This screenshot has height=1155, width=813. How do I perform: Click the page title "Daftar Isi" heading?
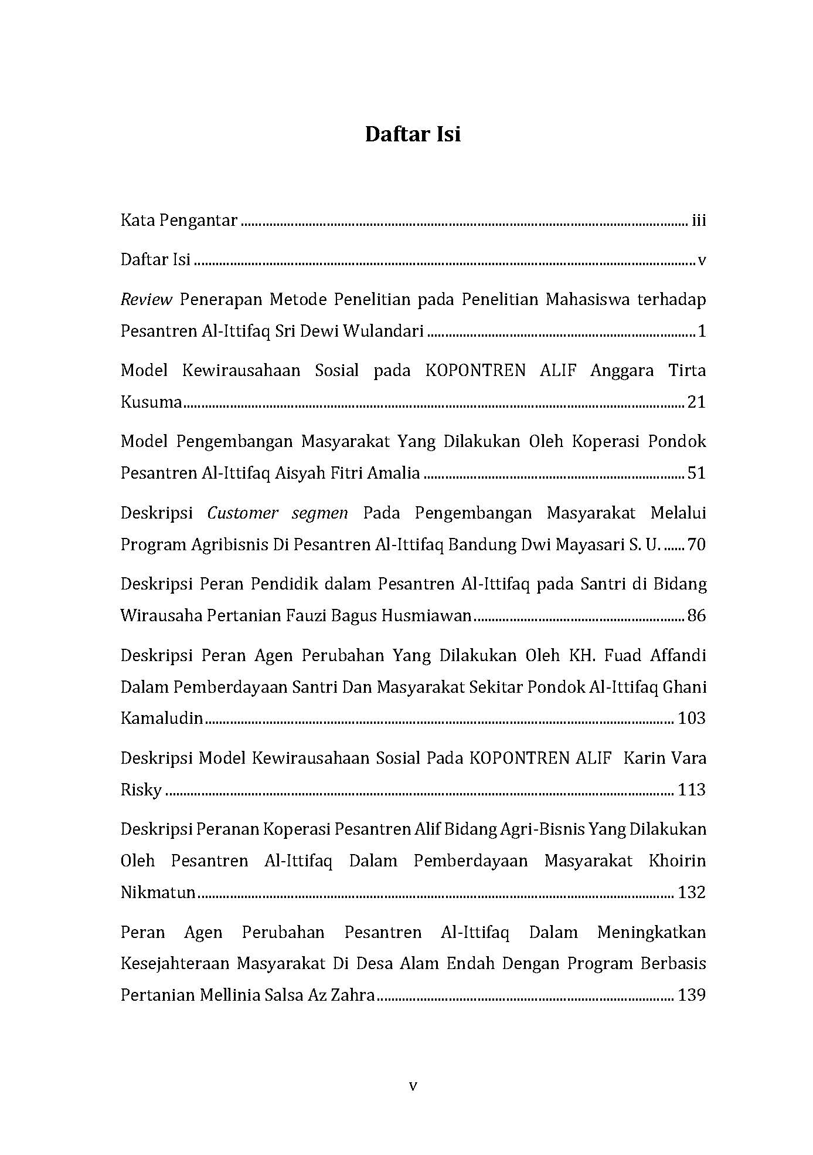point(413,134)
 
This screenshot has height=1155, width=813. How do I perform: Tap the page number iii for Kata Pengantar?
point(698,221)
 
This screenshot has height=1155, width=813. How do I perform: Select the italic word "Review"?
point(146,300)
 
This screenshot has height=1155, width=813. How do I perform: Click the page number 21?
point(696,402)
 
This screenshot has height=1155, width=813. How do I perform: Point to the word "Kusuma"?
point(151,402)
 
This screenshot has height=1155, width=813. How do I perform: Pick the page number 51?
point(696,473)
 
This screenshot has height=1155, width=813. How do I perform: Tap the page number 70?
point(696,545)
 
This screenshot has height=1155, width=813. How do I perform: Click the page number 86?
point(696,616)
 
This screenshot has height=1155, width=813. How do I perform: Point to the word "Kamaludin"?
point(162,718)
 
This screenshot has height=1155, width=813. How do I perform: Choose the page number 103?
point(692,718)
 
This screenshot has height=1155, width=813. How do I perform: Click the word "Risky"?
point(141,790)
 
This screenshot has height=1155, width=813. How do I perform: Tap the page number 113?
point(692,790)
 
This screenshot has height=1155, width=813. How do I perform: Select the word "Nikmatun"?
point(158,893)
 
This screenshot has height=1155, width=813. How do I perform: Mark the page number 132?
point(692,893)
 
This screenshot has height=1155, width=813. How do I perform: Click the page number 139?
point(692,995)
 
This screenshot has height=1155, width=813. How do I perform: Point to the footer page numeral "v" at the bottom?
point(413,1086)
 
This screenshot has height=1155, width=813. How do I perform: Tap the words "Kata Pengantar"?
point(179,221)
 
